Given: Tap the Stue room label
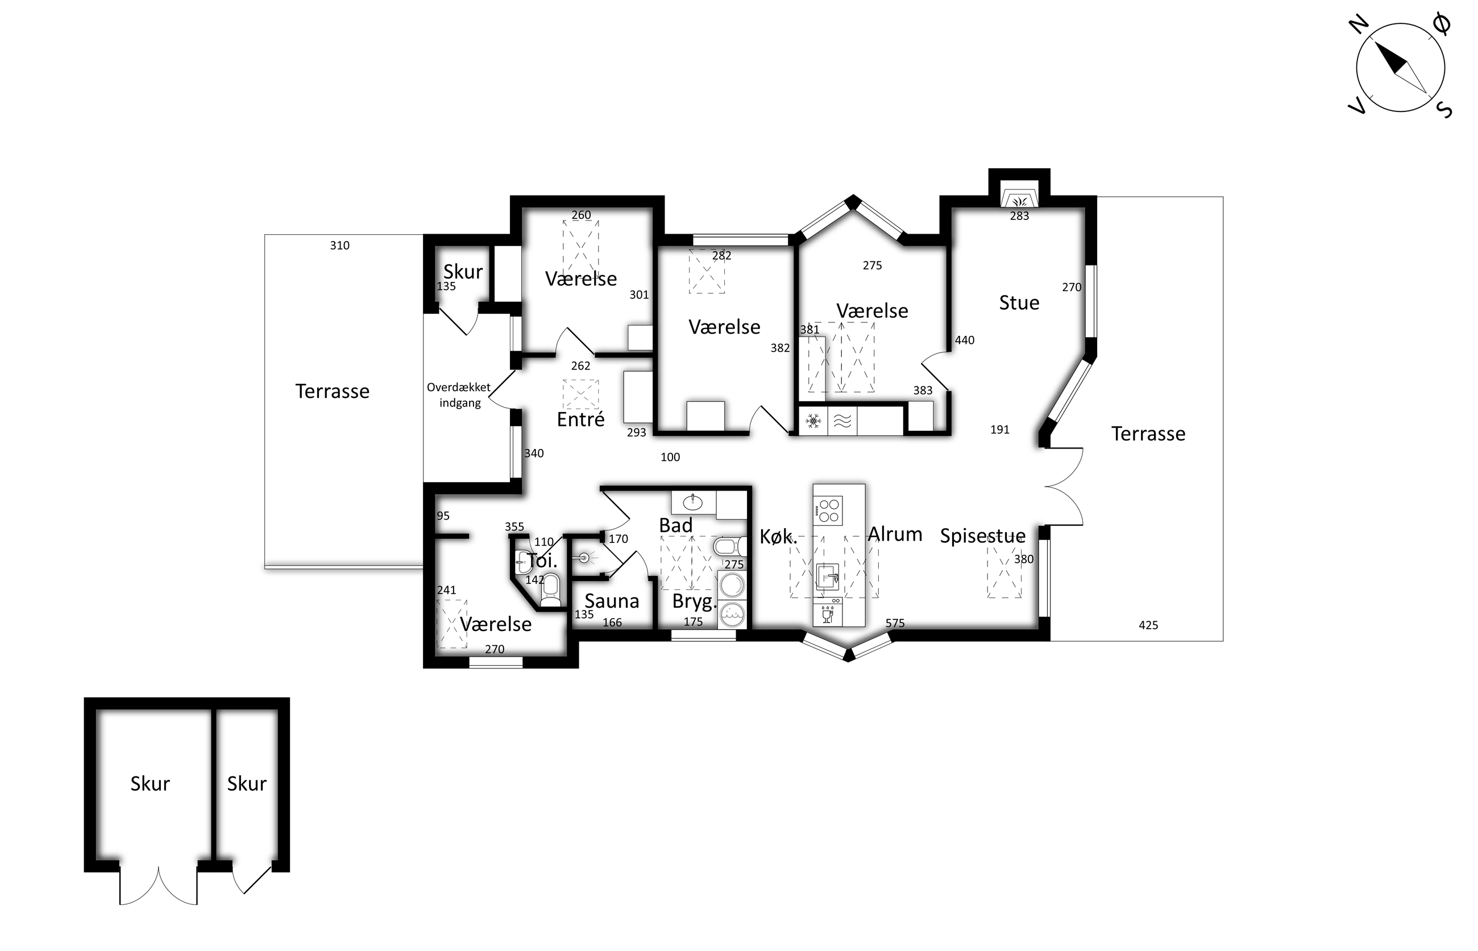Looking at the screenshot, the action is pyautogui.click(x=1019, y=302).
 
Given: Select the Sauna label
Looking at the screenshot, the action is pyautogui.click(x=611, y=601).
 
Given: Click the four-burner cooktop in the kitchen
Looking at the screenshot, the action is pyautogui.click(x=828, y=510).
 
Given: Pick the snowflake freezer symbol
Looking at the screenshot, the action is pyautogui.click(x=813, y=422).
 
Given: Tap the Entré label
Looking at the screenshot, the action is pyautogui.click(x=580, y=420).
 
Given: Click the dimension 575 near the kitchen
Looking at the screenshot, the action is pyautogui.click(x=895, y=623).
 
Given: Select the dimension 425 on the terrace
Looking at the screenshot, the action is pyautogui.click(x=1148, y=625).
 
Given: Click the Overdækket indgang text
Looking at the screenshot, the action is pyautogui.click(x=459, y=394).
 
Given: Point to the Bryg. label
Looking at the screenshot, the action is pyautogui.click(x=695, y=601).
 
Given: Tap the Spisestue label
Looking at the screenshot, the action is pyautogui.click(x=982, y=535).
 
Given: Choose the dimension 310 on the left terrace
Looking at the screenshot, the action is pyautogui.click(x=339, y=245).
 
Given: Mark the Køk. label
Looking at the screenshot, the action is pyautogui.click(x=778, y=537).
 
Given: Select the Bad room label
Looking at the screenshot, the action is pyautogui.click(x=675, y=525).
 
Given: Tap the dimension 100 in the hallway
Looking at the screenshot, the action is pyautogui.click(x=670, y=457).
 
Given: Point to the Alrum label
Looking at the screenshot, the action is pyautogui.click(x=895, y=534).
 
